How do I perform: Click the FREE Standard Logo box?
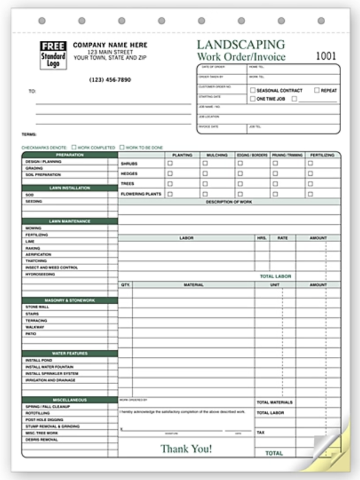53,54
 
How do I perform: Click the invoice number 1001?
325,56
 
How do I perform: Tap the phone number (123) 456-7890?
110,80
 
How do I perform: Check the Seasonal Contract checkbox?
253,91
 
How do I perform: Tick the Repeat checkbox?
317,91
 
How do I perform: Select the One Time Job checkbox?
253,99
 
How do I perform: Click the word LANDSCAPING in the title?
240,45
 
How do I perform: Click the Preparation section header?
70,154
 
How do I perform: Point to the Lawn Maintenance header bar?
70,221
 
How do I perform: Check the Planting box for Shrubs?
170,163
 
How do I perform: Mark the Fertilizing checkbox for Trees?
310,183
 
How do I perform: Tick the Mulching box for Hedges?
204,173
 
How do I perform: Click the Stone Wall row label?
36,307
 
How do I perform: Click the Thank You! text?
186,449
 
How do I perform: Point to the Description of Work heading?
229,202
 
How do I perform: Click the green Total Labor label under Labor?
275,276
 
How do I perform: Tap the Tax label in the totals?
261,433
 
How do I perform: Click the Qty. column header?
125,285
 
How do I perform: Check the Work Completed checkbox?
74,147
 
